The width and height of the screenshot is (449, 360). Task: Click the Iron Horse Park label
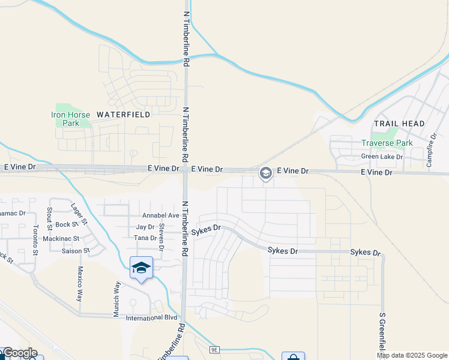70,119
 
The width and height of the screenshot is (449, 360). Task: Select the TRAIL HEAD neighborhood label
399,124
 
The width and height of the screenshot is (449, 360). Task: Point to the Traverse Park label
387,143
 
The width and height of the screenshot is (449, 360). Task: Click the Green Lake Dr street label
382,157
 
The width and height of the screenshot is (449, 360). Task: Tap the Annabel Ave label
160,215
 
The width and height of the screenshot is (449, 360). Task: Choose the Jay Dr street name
145,227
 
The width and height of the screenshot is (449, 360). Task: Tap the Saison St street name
75,251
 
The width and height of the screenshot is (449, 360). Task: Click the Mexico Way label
79,283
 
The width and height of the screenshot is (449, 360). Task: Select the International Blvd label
151,317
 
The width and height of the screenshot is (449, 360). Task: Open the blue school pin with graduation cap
141,268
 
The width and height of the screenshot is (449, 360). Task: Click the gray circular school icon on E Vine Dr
265,173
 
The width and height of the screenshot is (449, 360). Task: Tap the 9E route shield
215,349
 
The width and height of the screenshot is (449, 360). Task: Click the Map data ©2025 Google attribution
412,355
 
